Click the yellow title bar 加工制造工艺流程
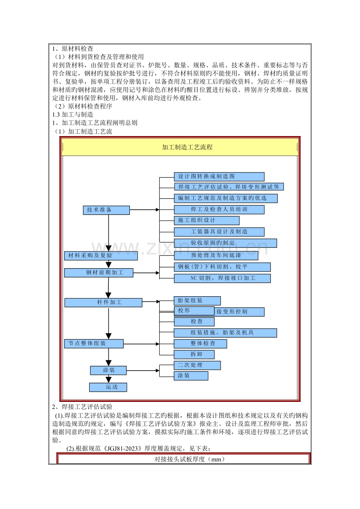(x=180, y=147)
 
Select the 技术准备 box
(x=106, y=210)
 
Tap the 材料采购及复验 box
(x=101, y=256)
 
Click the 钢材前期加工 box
(x=99, y=272)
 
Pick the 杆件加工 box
(x=103, y=303)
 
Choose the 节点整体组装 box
(x=94, y=344)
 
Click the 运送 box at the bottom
(x=108, y=387)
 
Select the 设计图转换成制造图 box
(x=219, y=177)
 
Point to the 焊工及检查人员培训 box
(x=219, y=210)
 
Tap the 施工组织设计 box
(x=207, y=220)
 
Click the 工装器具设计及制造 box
(x=219, y=232)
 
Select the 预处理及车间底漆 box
(x=216, y=256)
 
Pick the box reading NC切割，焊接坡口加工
(x=222, y=278)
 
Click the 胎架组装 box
(x=197, y=301)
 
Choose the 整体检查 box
(x=200, y=344)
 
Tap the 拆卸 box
(x=194, y=355)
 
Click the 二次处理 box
(x=197, y=365)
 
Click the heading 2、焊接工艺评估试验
(x=82, y=407)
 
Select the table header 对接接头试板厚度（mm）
(x=184, y=459)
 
